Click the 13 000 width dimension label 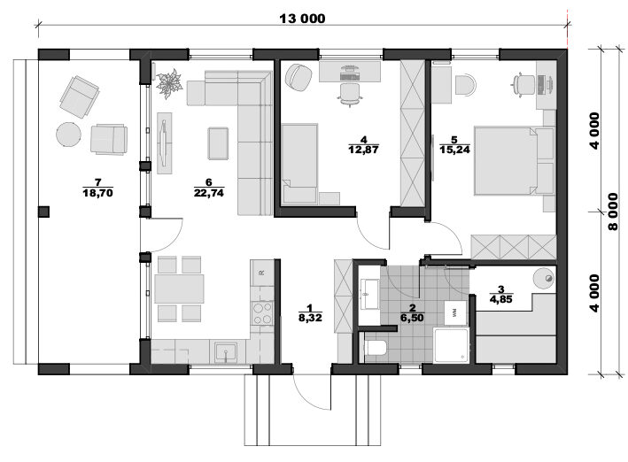point(302,19)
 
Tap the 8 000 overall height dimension point(613,212)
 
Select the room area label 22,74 point(209,193)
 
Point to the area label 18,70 point(97,193)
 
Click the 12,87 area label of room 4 point(364,150)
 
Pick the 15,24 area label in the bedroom point(454,150)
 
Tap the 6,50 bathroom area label point(412,318)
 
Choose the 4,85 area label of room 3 point(500,299)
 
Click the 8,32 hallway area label point(310,318)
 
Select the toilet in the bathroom point(376,348)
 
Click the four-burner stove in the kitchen point(261,312)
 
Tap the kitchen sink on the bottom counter point(226,352)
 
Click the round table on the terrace point(68,135)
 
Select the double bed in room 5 point(507,161)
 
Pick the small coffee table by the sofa point(218,143)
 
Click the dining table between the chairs point(179,289)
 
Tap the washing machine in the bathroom point(455,312)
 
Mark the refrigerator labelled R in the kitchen point(262,273)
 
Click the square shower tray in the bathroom point(451,345)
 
